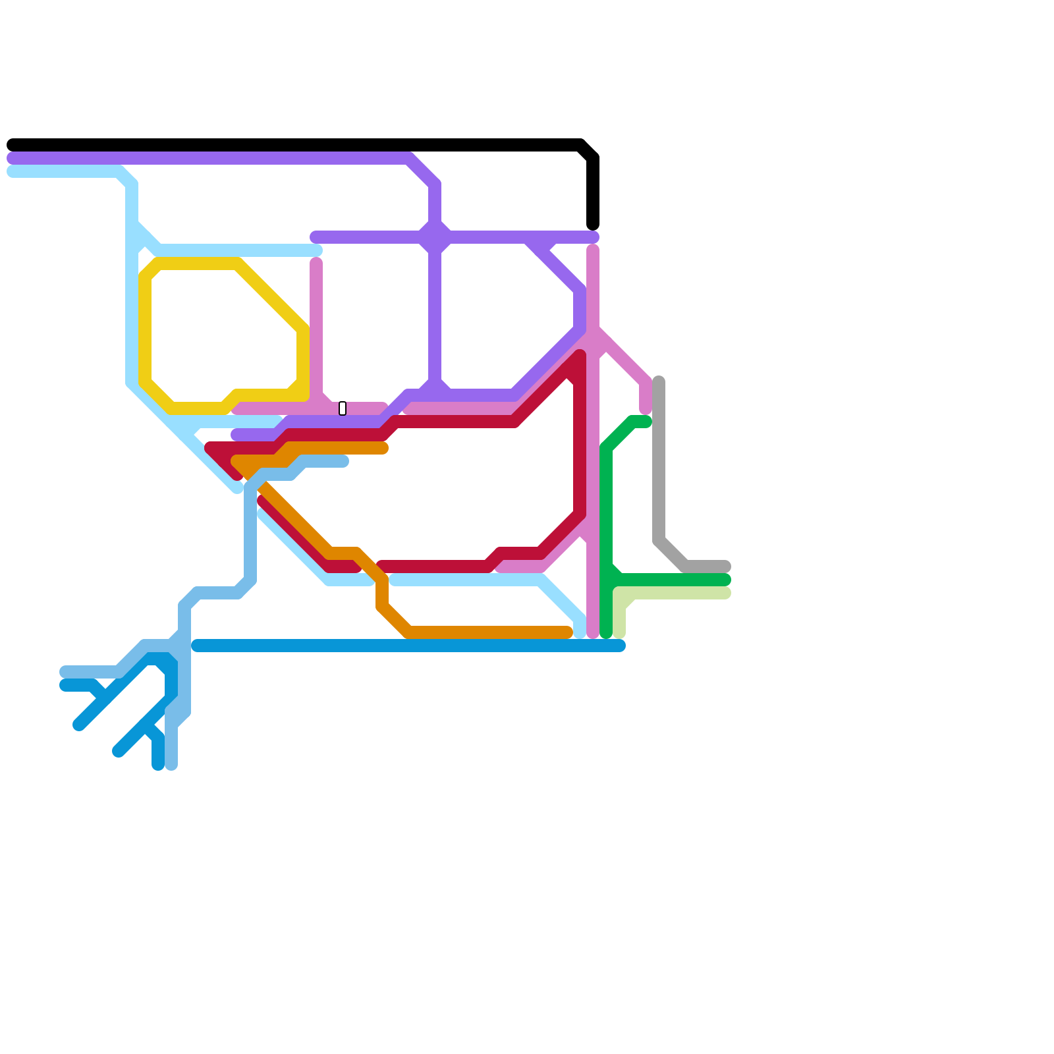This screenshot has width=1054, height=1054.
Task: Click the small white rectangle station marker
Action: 343,408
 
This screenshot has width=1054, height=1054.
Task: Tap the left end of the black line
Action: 12,145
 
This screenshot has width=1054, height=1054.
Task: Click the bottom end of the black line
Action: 593,225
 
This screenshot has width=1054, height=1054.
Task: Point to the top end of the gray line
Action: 659,381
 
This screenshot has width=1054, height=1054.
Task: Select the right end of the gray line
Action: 726,567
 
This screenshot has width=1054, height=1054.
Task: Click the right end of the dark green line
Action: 726,580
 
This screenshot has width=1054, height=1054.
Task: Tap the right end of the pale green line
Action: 726,593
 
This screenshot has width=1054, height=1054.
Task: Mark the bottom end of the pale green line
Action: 619,634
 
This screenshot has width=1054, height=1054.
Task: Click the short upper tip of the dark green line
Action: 647,422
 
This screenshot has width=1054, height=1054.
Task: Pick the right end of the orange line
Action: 568,632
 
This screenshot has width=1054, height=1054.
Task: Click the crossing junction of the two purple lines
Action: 435,237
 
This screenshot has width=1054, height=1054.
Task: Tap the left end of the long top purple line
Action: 12,158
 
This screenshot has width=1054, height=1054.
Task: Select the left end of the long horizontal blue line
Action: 196,646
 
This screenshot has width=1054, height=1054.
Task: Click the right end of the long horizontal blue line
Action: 620,646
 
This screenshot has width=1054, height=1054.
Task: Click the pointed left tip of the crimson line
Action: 209,448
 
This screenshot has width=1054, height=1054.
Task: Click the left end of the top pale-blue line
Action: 12,171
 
